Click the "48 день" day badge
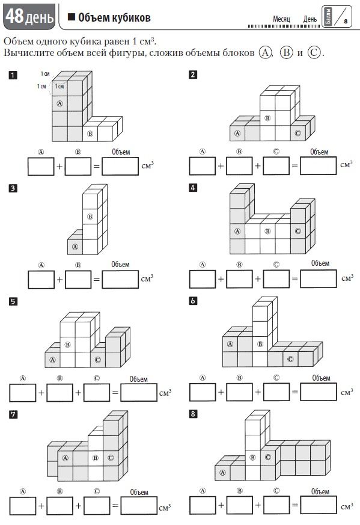tap(29, 16)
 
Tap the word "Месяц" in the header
tap(281, 19)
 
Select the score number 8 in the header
tap(346, 21)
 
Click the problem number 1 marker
tap(13, 75)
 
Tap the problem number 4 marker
tap(193, 188)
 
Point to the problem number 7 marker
tap(13, 414)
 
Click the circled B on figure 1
tap(90, 134)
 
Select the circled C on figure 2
tap(297, 134)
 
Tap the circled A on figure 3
tap(75, 247)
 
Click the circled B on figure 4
tap(267, 231)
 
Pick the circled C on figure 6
tap(290, 359)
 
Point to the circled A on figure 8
tap(222, 473)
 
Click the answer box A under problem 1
tap(41, 167)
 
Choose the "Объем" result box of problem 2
tap(318, 166)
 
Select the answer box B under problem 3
tap(78, 279)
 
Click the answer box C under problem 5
tap(97, 393)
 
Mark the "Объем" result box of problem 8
tap(318, 505)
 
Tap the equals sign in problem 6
tap(294, 391)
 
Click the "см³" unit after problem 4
tap(347, 278)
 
